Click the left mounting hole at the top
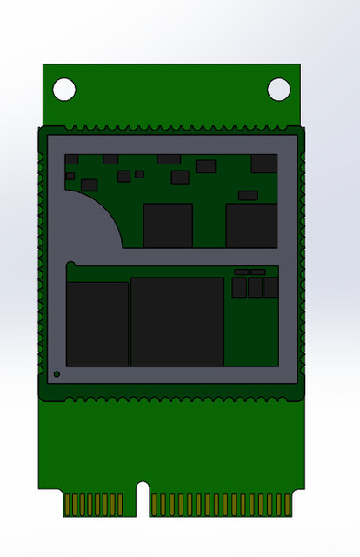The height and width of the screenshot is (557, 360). point(64,89)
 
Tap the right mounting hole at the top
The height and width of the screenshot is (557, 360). point(278,89)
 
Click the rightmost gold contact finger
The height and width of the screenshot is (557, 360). point(288,504)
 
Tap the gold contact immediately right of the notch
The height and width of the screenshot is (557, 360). point(154,504)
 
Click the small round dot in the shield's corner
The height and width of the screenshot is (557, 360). point(57,374)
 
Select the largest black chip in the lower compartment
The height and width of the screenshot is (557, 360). point(177,321)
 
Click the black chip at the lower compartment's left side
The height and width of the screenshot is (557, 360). point(97,323)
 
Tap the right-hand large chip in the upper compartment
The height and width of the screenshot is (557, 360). point(251,225)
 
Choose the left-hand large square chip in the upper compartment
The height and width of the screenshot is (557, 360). point(168,225)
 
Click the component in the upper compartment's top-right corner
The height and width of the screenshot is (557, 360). point(264,163)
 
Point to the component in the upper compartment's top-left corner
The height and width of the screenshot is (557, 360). point(72,159)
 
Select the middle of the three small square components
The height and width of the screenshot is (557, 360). point(255,286)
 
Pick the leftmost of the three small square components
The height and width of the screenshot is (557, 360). point(239,286)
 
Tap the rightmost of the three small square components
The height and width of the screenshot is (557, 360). point(270,286)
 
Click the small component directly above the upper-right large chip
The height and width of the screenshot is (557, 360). point(248,195)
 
